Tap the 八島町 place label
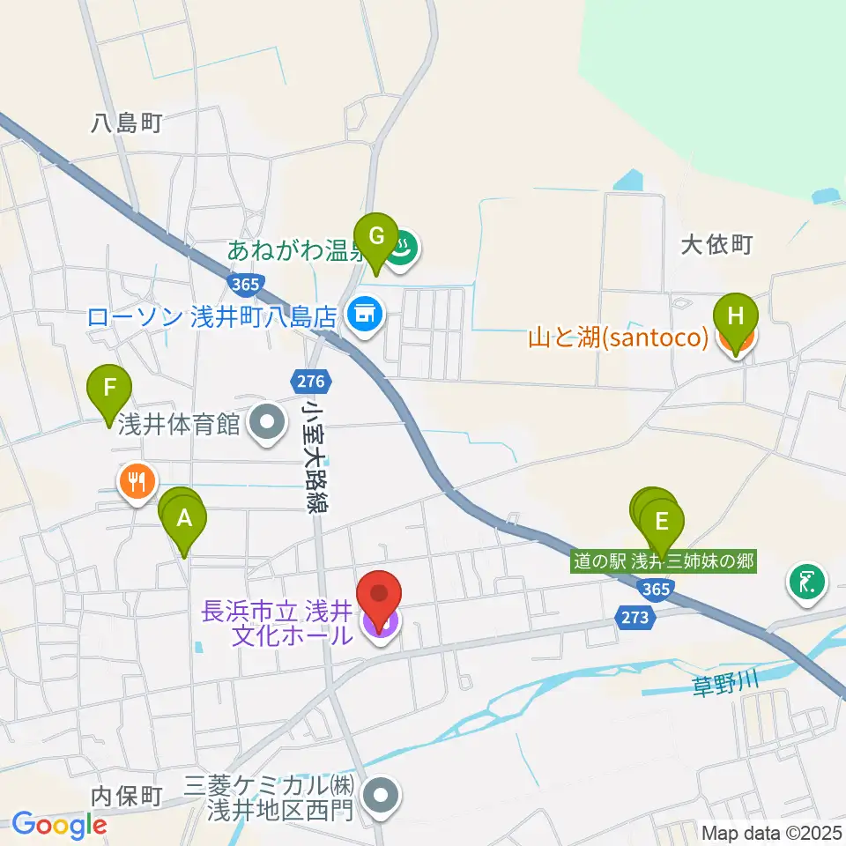pos(128,123)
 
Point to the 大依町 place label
pos(716,244)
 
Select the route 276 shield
pos(311,382)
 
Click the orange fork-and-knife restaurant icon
pos(137,481)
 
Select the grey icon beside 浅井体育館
pos(265,423)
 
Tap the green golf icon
pos(808,583)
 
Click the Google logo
pos(59,825)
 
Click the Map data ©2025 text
pos(771,831)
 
